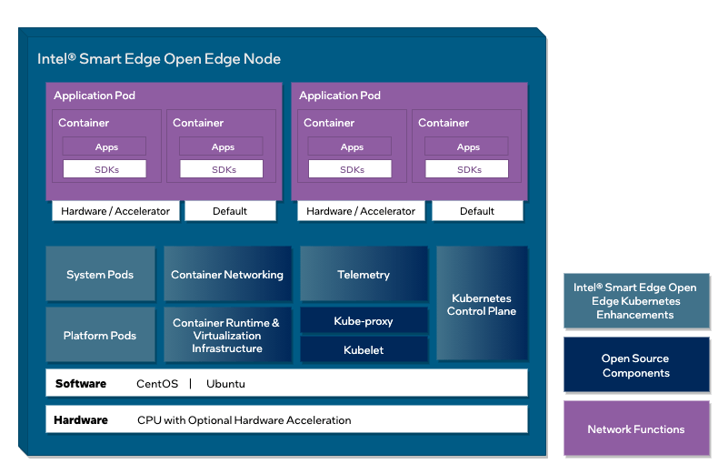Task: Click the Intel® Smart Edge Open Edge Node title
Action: click(159, 59)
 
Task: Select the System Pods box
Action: click(100, 275)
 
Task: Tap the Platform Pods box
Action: click(100, 336)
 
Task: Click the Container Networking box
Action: click(227, 275)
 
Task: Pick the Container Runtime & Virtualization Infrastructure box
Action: click(227, 336)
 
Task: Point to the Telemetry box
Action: click(364, 275)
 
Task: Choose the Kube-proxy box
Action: click(364, 321)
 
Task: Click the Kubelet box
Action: click(364, 350)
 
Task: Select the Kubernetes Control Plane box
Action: click(482, 305)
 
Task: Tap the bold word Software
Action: click(80, 384)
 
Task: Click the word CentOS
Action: click(156, 384)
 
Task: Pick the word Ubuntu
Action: click(225, 384)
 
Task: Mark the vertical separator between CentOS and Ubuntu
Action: click(191, 384)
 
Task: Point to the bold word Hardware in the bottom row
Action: click(81, 420)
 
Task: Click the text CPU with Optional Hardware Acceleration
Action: click(244, 420)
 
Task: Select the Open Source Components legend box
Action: click(635, 366)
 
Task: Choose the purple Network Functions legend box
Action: click(635, 429)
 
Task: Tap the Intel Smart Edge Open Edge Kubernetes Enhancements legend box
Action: click(635, 301)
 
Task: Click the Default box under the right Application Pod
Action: click(477, 211)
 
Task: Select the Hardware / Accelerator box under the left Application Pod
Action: click(115, 211)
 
